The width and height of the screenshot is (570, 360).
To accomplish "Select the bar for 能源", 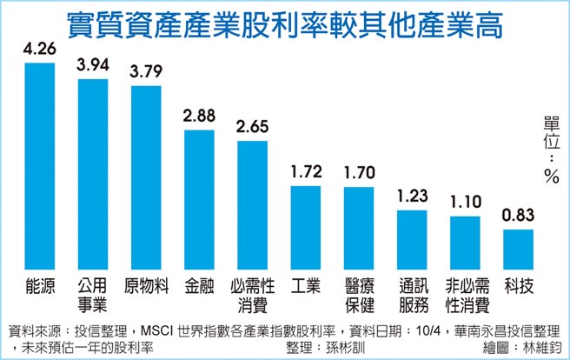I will coord(40,165).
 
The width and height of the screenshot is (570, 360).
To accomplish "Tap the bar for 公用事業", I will coord(93,174).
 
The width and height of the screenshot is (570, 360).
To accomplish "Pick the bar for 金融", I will coord(199,200).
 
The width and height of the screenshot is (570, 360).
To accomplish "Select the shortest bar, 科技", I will coord(518,250).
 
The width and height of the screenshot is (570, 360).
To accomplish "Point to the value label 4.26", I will coord(40,50).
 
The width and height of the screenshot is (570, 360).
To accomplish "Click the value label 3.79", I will coord(146,74).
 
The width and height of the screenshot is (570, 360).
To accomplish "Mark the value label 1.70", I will coord(359,173).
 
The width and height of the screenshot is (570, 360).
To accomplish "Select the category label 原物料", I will coord(146,285).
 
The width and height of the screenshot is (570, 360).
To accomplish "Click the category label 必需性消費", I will coord(252,294).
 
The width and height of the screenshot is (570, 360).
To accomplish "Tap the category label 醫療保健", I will coord(359,294).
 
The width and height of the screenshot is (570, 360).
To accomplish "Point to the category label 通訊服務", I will coord(412,294).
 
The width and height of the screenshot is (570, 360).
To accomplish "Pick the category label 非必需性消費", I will coord(465,294).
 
